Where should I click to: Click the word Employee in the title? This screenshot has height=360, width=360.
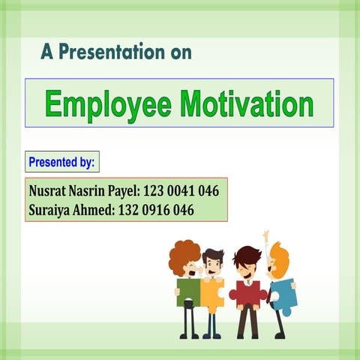[107, 103]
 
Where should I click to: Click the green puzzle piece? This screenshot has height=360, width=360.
[188, 292]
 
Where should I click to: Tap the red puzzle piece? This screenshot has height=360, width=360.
[247, 292]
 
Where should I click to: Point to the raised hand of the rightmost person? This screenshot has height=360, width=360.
[265, 235]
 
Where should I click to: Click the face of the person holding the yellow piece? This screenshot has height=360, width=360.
[214, 267]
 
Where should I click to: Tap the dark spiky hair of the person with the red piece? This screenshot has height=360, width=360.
[246, 255]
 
